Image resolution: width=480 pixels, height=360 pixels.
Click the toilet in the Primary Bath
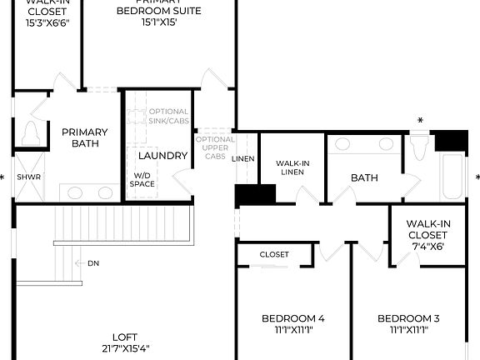pos(31,133)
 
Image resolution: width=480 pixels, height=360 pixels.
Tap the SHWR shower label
pos(28,177)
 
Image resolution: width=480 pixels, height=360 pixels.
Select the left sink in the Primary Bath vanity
pos(75,192)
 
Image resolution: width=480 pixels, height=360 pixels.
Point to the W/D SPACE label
pos(141,179)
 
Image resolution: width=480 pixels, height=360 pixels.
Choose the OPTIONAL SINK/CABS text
pos(169,117)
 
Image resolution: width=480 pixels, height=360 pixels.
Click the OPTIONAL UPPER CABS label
pos(215,147)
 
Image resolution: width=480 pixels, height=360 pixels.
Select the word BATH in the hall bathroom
pos(364,177)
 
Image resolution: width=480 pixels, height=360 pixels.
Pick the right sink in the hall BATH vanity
pos(386,144)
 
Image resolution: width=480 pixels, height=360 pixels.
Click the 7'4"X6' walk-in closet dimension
pos(427,246)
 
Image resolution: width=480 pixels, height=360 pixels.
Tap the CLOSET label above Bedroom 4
pos(274,254)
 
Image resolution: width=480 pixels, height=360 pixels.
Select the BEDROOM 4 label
pos(292,318)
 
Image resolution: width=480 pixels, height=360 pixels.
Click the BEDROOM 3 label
pos(408,318)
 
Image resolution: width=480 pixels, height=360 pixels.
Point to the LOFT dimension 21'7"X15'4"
pos(125,348)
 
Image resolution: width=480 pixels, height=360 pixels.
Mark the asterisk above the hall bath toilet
pos(420,121)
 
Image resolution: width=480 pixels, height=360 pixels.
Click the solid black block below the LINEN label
pos(255,194)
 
